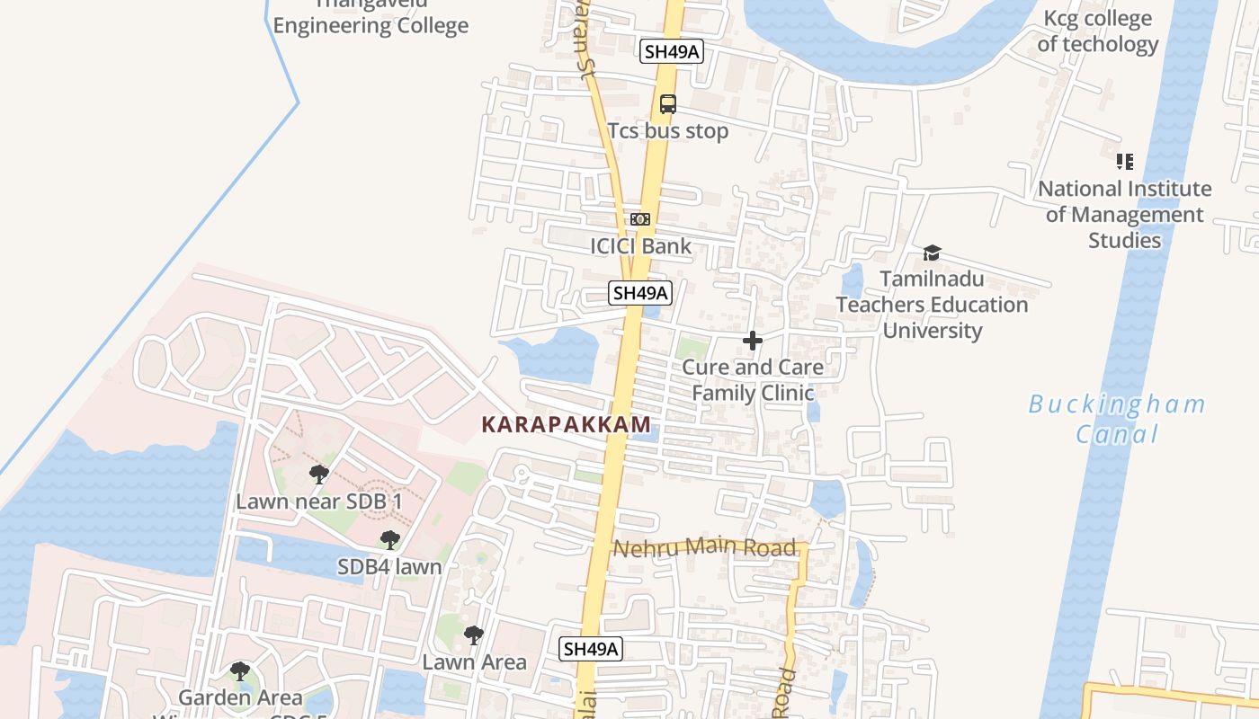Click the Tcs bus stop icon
[667, 104]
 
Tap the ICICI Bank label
[640, 246]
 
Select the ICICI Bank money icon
[640, 219]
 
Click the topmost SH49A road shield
[671, 51]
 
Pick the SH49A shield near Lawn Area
[591, 649]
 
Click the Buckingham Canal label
[1117, 419]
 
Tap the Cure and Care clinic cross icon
[753, 341]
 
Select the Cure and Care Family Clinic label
[753, 380]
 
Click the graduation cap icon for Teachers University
[932, 253]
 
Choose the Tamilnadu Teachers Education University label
[932, 305]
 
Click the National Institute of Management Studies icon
[1124, 162]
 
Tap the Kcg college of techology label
[1097, 31]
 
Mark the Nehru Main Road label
[704, 546]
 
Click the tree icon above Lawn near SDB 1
[318, 474]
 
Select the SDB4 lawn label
[389, 567]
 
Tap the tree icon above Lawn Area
[473, 635]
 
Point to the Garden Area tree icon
[239, 670]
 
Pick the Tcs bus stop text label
[667, 131]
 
